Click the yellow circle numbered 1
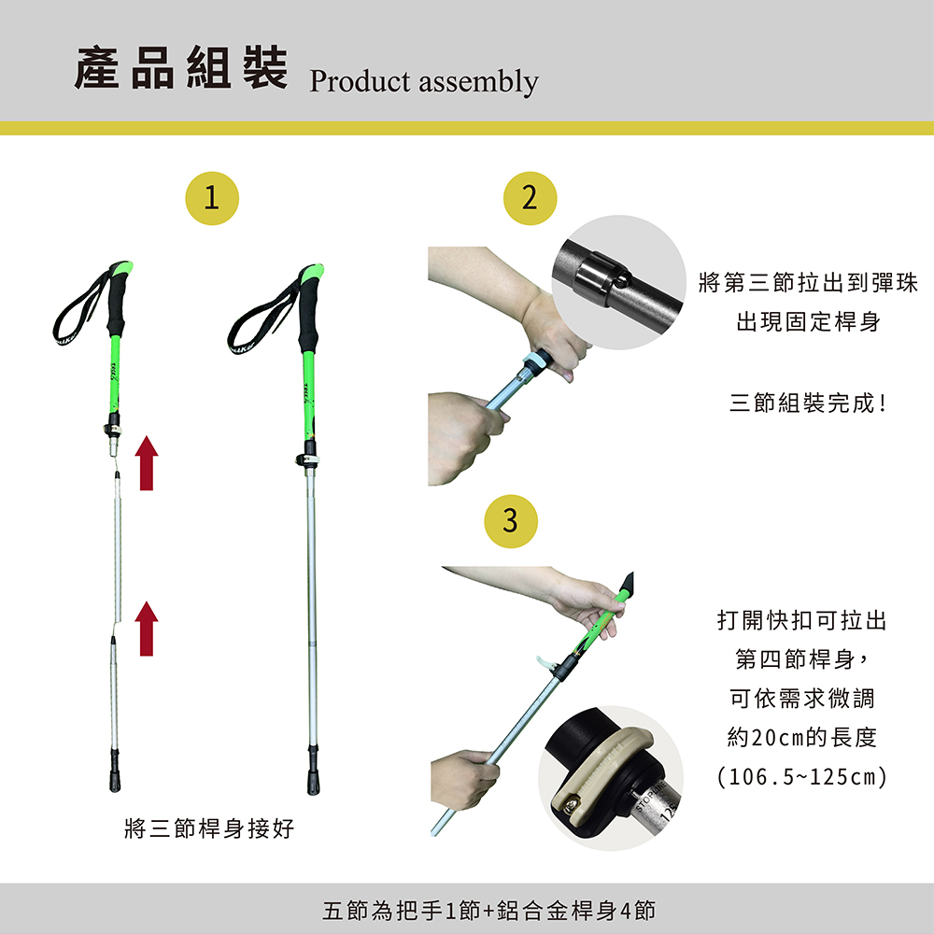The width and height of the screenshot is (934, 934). pos(211,198)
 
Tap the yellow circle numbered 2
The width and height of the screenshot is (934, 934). pos(530,198)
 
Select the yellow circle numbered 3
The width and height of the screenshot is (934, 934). pos(511,521)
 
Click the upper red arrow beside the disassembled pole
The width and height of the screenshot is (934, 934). pos(147,463)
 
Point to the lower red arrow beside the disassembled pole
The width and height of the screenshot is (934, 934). pos(147,629)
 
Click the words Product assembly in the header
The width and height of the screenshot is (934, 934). pos(423,81)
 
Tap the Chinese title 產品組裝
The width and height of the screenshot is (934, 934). pos(181,67)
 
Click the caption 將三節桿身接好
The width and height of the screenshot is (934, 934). pos(209,828)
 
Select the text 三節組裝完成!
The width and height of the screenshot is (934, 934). pos(808,403)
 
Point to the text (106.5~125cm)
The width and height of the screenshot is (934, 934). pos(801,777)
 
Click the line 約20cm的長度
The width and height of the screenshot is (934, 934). pos(801,738)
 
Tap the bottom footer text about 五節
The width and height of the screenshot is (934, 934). pos(488,910)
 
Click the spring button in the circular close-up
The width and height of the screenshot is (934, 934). pos(622,280)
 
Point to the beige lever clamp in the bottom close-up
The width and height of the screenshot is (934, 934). pos(601,772)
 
